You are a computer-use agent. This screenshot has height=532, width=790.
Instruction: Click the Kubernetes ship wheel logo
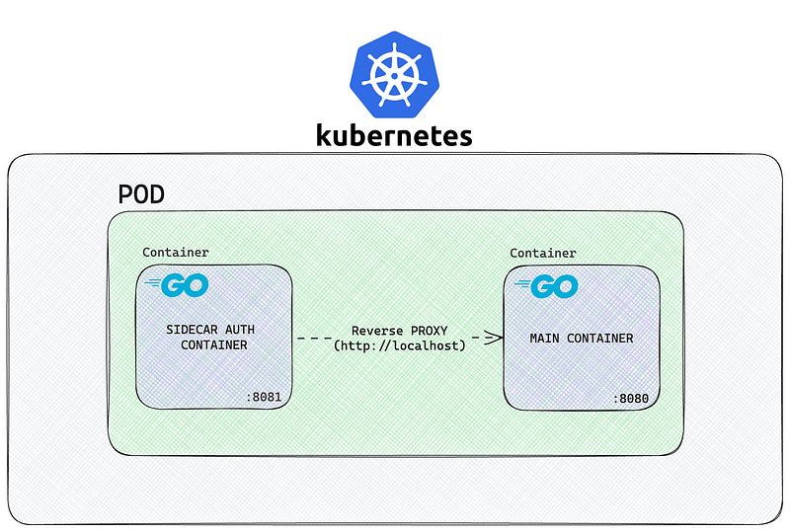pyautogui.click(x=394, y=75)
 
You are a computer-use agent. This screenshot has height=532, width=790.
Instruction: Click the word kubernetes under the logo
pyautogui.click(x=394, y=135)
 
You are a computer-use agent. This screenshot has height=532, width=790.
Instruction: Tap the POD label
pyautogui.click(x=141, y=194)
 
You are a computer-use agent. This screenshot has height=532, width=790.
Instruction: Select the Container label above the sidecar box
pyautogui.click(x=176, y=252)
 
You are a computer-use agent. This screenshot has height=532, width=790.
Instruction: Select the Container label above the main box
pyautogui.click(x=542, y=253)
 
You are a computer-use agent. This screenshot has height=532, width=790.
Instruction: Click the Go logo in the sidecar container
pyautogui.click(x=178, y=285)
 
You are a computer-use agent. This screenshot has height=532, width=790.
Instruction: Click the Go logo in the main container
pyautogui.click(x=546, y=286)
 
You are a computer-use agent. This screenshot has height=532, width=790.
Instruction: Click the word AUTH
pyautogui.click(x=240, y=330)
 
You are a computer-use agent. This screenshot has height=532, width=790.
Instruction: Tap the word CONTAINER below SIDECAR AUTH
pyautogui.click(x=214, y=345)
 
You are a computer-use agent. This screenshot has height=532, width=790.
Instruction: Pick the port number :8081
pyautogui.click(x=264, y=397)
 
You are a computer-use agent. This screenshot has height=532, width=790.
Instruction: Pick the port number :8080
pyautogui.click(x=631, y=399)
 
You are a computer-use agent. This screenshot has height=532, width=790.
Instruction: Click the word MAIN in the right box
pyautogui.click(x=545, y=338)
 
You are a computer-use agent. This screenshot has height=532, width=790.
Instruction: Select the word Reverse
pyautogui.click(x=377, y=331)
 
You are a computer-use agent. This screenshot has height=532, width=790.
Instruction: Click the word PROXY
pyautogui.click(x=430, y=331)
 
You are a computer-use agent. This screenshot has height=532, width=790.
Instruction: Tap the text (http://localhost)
pyautogui.click(x=400, y=345)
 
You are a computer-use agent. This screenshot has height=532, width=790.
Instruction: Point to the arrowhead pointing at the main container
pyautogui.click(x=494, y=338)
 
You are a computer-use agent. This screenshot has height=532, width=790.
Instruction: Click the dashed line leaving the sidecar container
pyautogui.click(x=315, y=338)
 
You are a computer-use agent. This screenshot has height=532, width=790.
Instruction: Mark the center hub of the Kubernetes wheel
pyautogui.click(x=394, y=76)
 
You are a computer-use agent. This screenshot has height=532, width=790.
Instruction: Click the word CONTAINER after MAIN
pyautogui.click(x=600, y=338)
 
